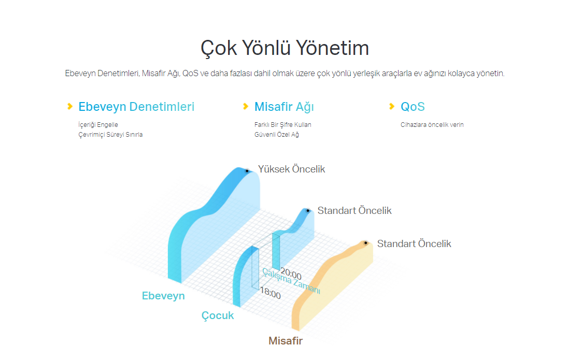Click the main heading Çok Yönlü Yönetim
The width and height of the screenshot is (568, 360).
coord(285,48)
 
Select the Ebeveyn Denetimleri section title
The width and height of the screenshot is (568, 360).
coord(136,107)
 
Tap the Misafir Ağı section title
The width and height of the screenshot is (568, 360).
coord(284,107)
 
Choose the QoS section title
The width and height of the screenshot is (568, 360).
coord(413,107)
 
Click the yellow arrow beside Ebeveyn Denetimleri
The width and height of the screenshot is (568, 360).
coord(70,106)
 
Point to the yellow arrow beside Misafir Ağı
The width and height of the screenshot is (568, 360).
coord(246,106)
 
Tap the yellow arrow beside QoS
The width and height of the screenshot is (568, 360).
coord(392,106)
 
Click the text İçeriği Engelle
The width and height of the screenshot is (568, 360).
coord(98,125)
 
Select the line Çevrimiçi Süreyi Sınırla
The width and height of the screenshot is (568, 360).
coord(110,134)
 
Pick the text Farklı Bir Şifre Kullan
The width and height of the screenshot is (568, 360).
coord(282,125)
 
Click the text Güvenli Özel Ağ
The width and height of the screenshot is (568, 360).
coord(276,134)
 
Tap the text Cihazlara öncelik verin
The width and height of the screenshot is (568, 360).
coord(432,125)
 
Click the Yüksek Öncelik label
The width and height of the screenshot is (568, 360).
coord(291,169)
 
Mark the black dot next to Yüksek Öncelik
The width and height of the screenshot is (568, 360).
coord(247,171)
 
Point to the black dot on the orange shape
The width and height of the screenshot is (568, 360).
coord(366,243)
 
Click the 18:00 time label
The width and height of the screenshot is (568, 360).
coord(271,293)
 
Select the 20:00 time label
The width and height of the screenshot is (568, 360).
coord(291,273)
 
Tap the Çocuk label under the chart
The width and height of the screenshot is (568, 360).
coord(217,316)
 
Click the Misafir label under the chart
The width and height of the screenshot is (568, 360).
coord(286,341)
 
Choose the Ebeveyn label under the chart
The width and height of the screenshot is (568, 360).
coord(163,296)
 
